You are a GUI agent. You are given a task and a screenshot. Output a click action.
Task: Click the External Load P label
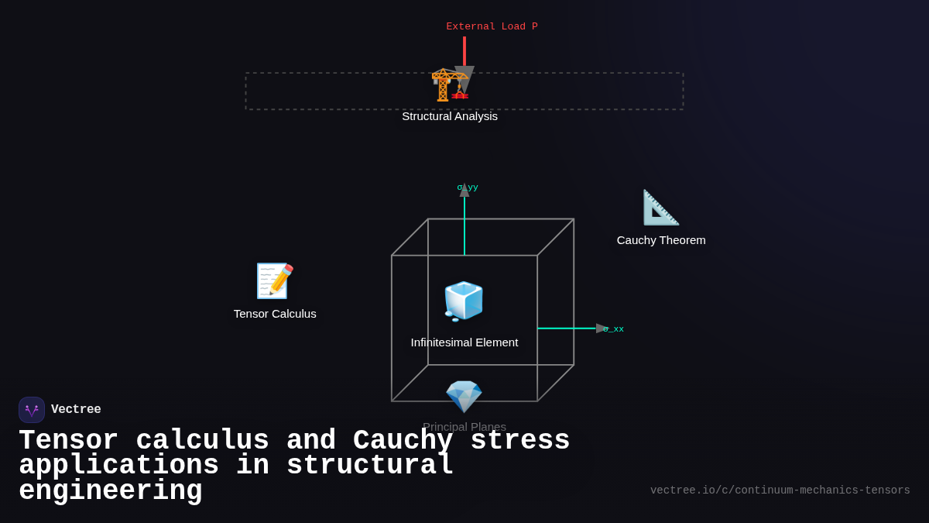tap(492, 26)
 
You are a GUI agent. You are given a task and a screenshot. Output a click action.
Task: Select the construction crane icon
tap(450, 84)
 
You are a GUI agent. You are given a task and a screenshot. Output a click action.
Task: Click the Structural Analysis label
tap(450, 116)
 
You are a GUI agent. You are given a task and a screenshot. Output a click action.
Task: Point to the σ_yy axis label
tap(468, 188)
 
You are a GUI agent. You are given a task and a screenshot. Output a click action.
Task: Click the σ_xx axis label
tap(614, 329)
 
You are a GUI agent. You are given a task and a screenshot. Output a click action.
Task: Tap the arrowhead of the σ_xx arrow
tap(601, 329)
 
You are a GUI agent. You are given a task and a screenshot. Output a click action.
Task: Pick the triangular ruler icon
tap(660, 208)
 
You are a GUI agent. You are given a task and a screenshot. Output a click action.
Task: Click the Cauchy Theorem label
tap(661, 240)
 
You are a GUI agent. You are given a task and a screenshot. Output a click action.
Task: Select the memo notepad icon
tap(275, 281)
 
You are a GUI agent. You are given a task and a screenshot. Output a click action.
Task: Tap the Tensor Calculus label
tap(275, 314)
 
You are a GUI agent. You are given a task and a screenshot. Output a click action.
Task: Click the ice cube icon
tap(464, 301)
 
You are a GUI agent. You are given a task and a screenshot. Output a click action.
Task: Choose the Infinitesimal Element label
tap(464, 342)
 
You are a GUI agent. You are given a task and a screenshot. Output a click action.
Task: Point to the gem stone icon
tap(464, 396)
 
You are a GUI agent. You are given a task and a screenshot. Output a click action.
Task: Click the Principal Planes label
tap(464, 426)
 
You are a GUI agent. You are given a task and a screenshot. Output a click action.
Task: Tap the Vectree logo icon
tap(32, 410)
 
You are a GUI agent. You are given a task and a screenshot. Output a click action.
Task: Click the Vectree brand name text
tap(76, 410)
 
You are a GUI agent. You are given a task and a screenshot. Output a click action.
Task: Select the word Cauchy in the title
tap(403, 441)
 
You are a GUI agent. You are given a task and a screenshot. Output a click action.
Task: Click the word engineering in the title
tap(111, 491)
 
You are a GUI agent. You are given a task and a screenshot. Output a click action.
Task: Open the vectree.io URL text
tap(780, 490)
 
